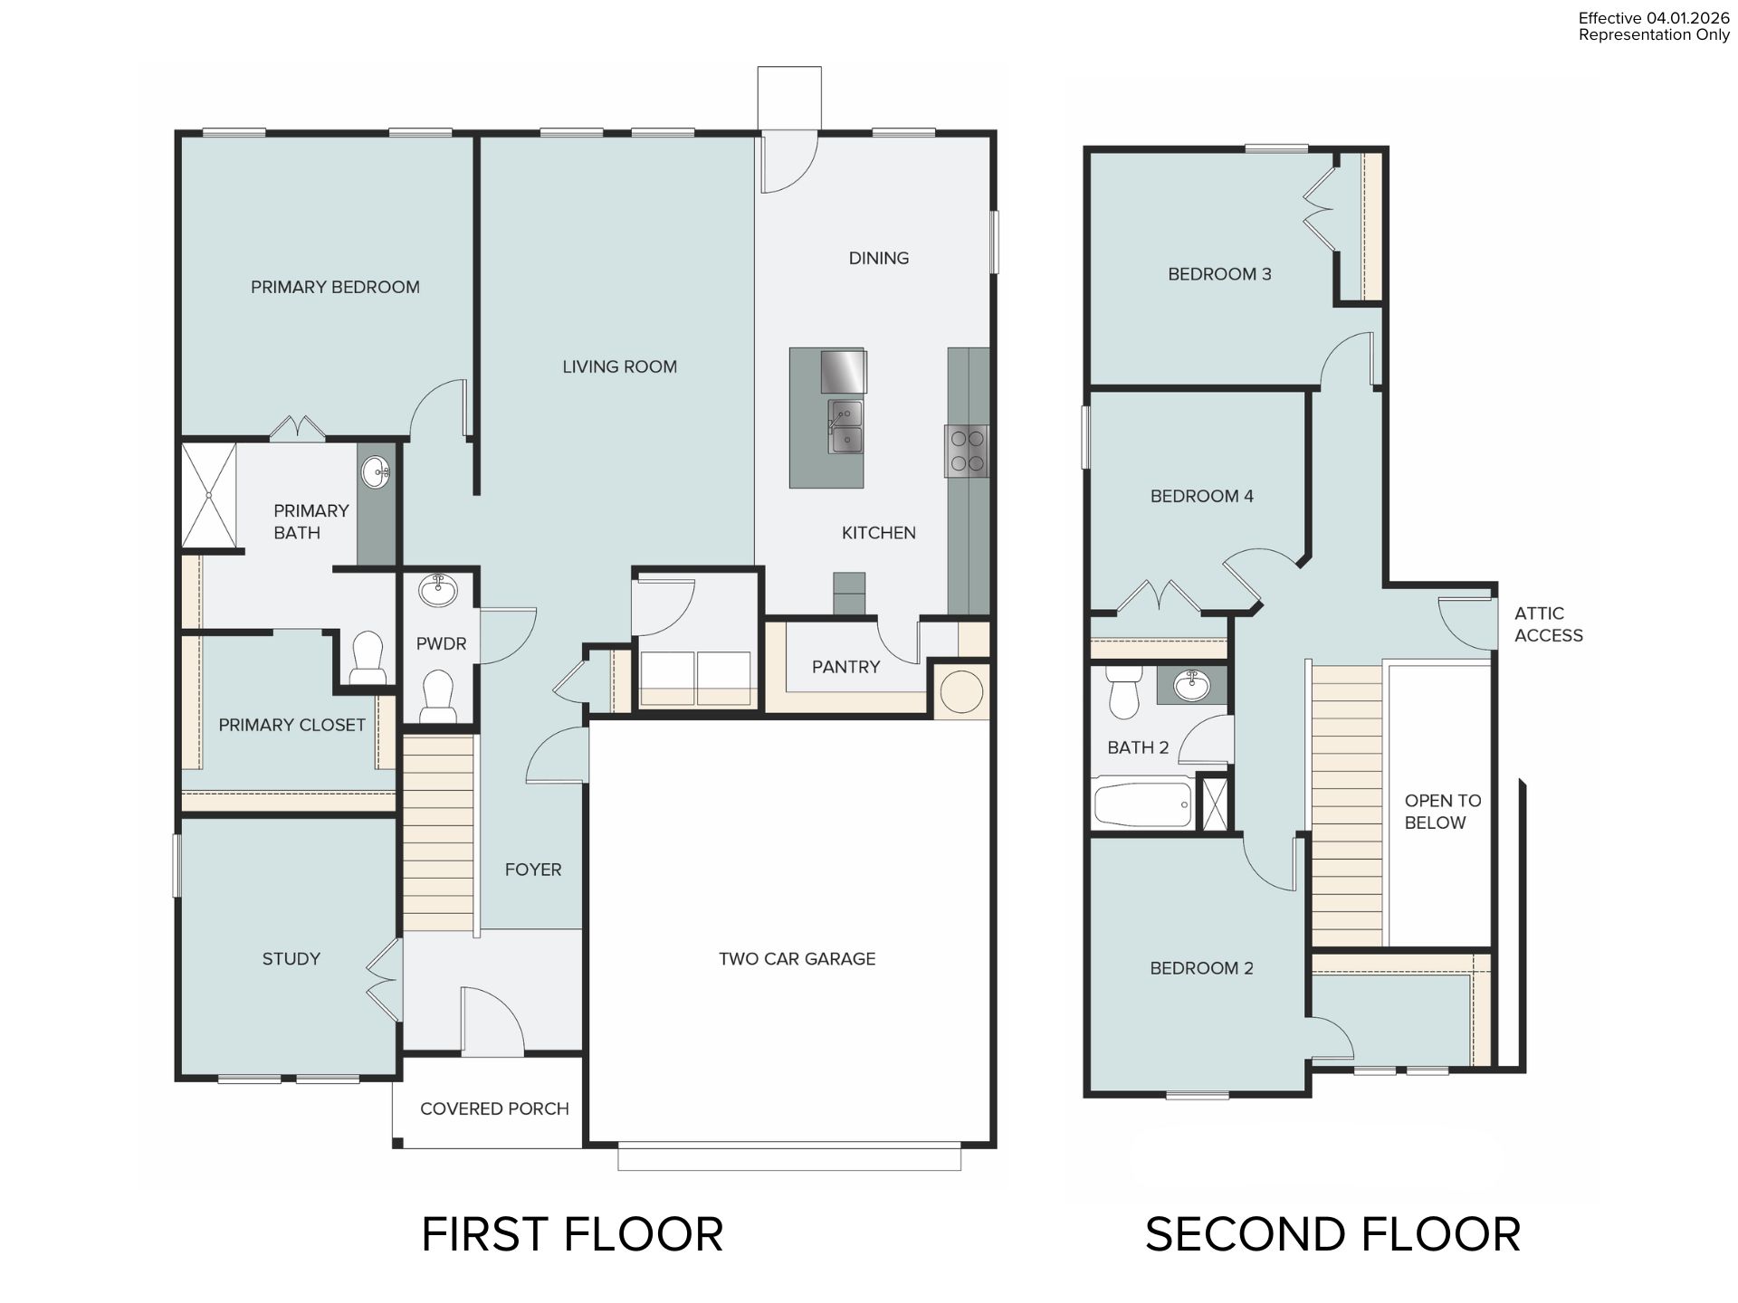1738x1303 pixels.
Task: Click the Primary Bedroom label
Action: (x=335, y=287)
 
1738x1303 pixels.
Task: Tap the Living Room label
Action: (x=619, y=366)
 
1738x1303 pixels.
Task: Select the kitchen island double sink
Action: (x=845, y=427)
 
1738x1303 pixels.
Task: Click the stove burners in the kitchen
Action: (x=967, y=451)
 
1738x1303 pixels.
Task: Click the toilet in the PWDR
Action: (x=438, y=696)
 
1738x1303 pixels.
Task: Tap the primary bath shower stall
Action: (x=209, y=495)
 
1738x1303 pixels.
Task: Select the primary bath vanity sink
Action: (x=376, y=471)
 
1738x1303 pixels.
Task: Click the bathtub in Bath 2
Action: (x=1142, y=803)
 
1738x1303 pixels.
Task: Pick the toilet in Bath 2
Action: (x=1123, y=693)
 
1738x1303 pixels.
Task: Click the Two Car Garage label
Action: (x=797, y=958)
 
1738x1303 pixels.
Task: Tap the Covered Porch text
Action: (x=494, y=1108)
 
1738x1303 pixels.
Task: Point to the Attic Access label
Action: (x=1548, y=624)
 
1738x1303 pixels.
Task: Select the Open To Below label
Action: (x=1442, y=812)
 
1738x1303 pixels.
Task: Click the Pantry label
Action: (x=845, y=667)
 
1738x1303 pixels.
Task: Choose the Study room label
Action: (x=291, y=958)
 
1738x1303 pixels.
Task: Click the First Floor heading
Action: (x=572, y=1234)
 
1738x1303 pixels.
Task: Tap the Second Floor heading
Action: (x=1332, y=1234)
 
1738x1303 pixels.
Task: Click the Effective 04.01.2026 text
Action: (x=1654, y=18)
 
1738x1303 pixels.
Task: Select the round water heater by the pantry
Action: (x=961, y=692)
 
